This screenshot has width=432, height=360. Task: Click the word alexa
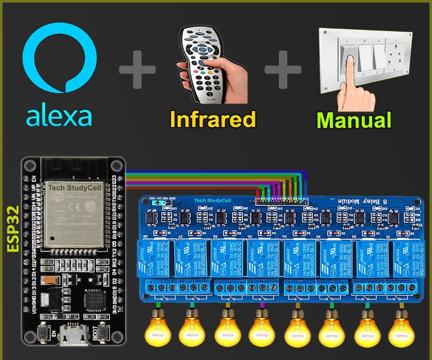click(59, 116)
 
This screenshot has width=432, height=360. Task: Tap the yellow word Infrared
click(213, 119)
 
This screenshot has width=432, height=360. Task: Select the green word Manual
click(354, 120)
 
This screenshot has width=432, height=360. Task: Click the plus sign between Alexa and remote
click(137, 69)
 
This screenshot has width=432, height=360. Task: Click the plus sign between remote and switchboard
click(283, 69)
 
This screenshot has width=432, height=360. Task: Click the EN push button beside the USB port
click(44, 332)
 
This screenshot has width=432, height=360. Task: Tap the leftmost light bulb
click(158, 328)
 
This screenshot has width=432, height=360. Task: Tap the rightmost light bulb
click(402, 328)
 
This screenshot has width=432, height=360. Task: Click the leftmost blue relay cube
click(155, 258)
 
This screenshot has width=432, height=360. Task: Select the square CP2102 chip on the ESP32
click(94, 300)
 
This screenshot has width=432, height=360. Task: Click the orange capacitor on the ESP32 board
click(49, 280)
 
